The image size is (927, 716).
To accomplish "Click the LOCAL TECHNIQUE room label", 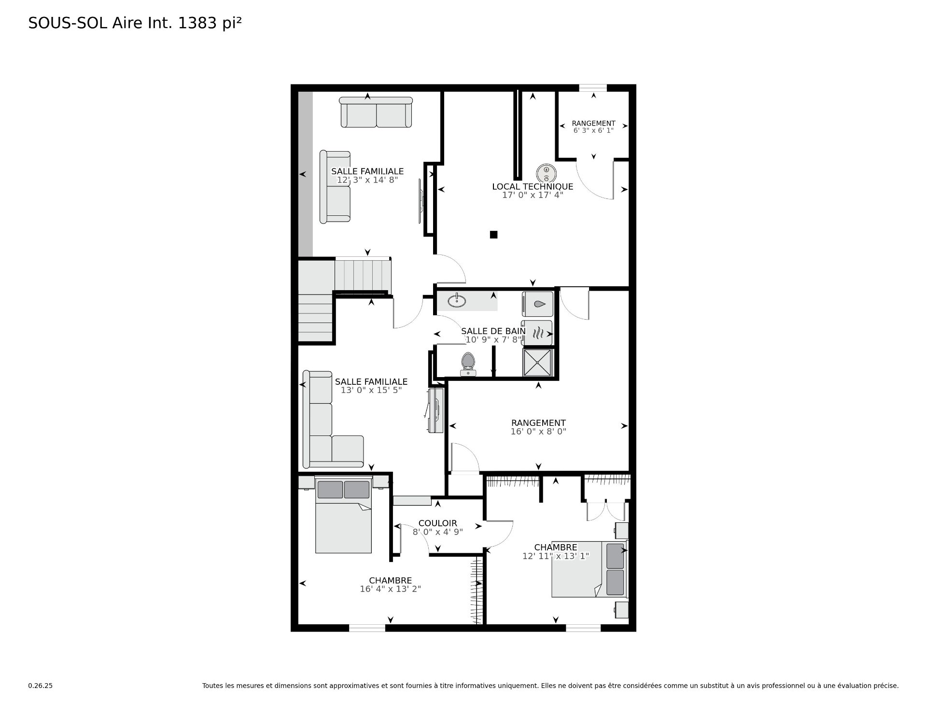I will click(x=532, y=186).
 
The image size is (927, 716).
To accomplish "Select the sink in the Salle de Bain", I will click(x=456, y=301).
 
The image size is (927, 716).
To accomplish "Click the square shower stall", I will click(x=537, y=362).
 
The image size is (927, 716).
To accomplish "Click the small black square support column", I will click(x=493, y=235).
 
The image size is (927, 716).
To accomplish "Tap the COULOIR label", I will click(x=437, y=523).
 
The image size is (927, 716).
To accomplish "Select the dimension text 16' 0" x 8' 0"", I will click(x=538, y=432).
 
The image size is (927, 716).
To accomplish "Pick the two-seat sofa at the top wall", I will click(x=376, y=112).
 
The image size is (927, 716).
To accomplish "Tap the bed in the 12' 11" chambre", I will click(x=589, y=569).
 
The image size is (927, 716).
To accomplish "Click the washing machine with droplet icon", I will click(x=537, y=304).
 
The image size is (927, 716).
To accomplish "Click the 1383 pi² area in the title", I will click(x=210, y=23).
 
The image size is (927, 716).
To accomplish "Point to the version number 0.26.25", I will click(x=40, y=686).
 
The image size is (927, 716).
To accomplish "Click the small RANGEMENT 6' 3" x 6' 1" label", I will click(x=593, y=124).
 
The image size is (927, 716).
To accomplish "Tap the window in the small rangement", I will click(x=593, y=87).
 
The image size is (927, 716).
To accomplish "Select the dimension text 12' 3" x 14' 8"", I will click(x=367, y=180).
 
